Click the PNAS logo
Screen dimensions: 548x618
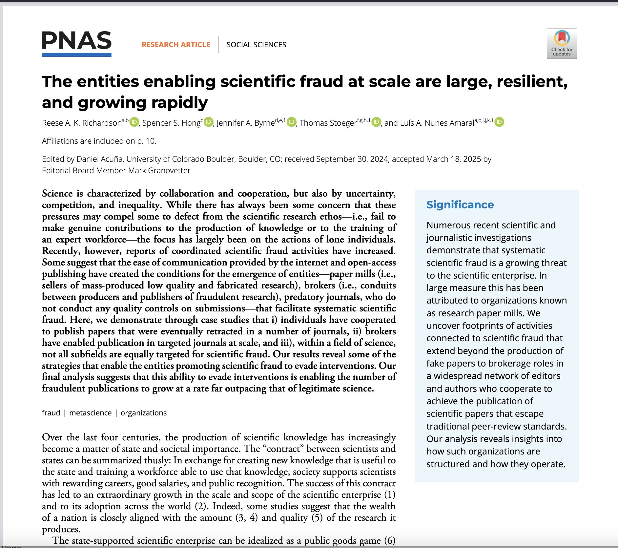coord(76,44)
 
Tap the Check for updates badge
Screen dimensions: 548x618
coord(562,44)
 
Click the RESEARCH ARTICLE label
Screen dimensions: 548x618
coord(176,45)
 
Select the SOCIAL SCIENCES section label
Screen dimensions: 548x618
coord(256,45)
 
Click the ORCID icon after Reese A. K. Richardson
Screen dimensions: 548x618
coord(134,122)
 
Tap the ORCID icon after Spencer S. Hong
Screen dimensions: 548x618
coord(209,122)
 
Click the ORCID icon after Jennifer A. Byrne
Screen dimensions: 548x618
coord(291,122)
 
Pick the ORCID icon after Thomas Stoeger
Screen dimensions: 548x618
coord(376,122)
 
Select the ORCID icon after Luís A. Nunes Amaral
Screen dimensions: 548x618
coord(499,122)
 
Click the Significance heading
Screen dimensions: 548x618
coord(460,205)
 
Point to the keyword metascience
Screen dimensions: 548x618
coord(90,413)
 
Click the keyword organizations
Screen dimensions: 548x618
coord(143,413)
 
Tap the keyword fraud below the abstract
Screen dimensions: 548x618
coord(51,413)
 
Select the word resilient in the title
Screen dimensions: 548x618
coord(531,82)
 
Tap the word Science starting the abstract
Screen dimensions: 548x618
coord(57,194)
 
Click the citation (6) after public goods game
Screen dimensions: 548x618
coord(390,540)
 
